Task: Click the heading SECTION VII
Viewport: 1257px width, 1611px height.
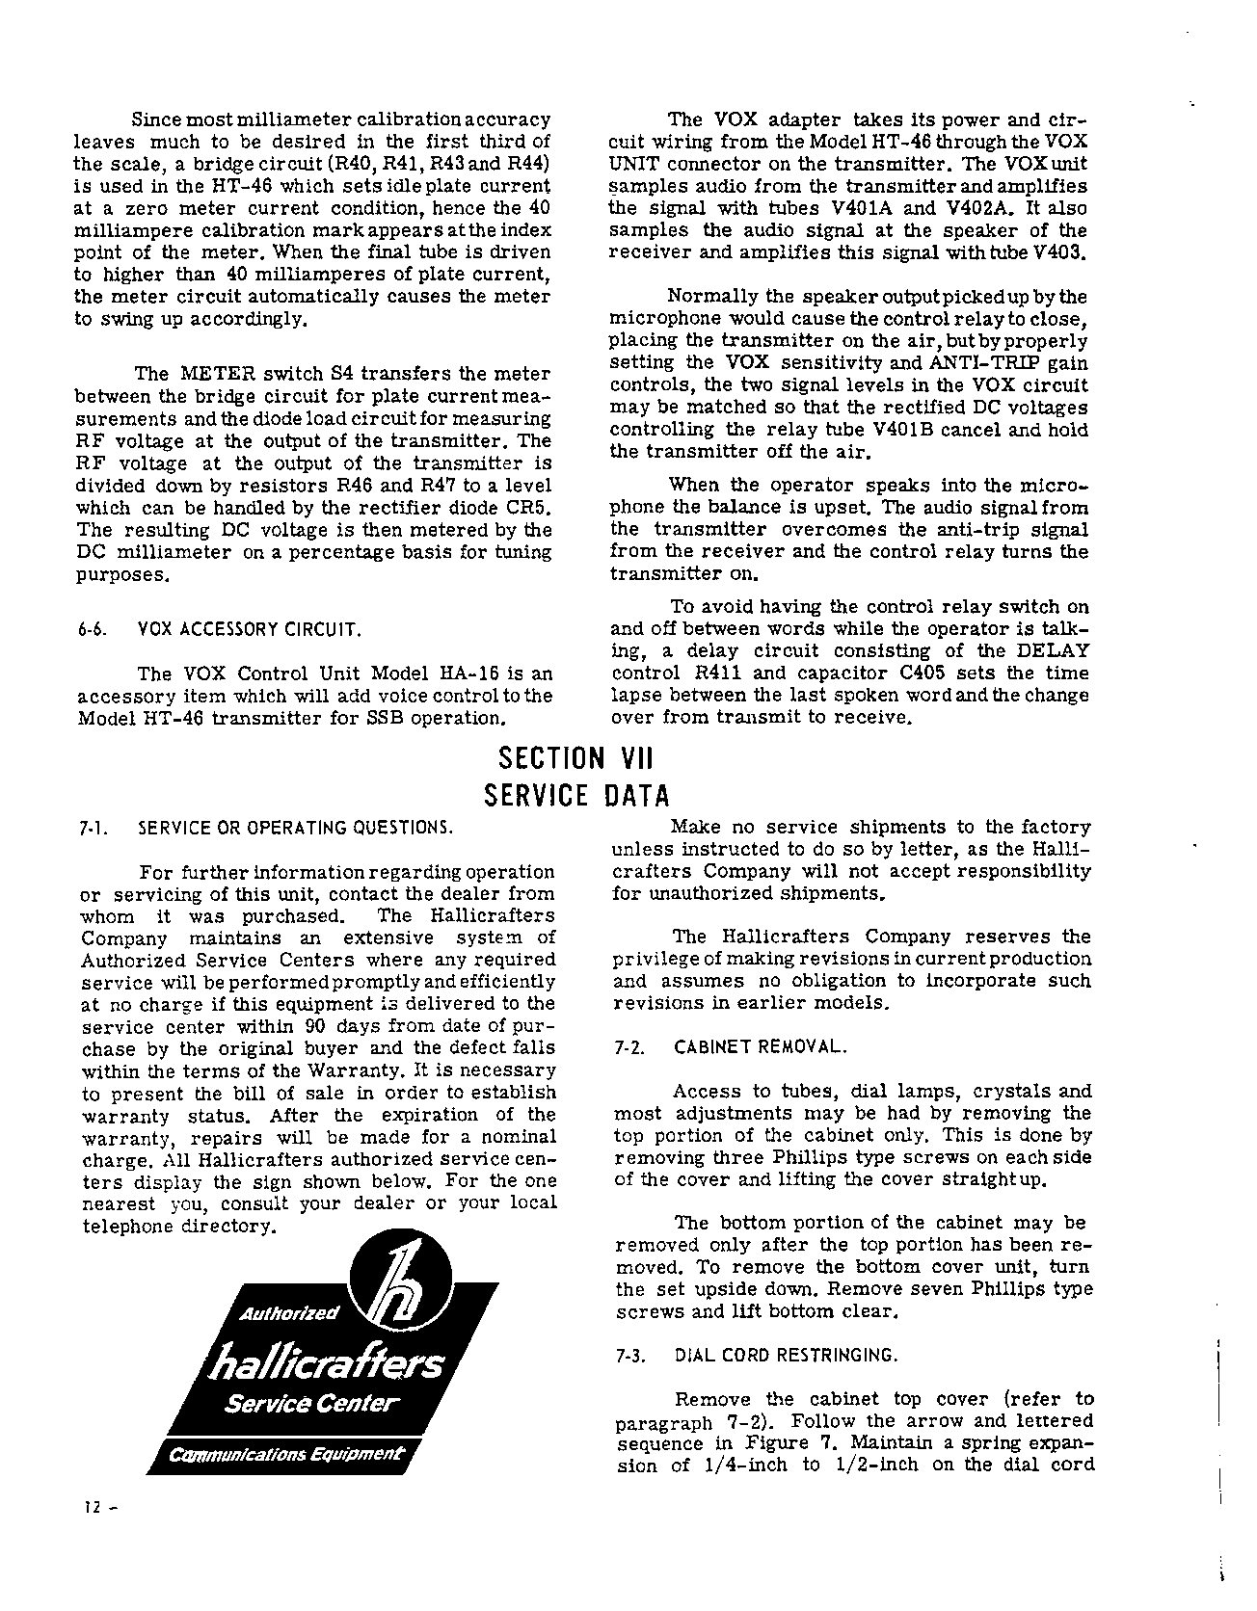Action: click(576, 758)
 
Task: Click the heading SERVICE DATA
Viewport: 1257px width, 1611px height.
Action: click(576, 797)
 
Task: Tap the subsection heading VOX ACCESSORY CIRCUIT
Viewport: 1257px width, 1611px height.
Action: click(250, 631)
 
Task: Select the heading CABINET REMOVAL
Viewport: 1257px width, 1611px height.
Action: click(762, 1048)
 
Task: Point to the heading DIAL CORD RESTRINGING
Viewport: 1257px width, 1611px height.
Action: click(787, 1356)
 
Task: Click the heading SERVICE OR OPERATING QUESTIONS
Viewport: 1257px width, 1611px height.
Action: click(295, 828)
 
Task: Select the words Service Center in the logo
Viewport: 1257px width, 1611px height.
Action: click(311, 1403)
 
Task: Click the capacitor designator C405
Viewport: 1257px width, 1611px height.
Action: click(953, 673)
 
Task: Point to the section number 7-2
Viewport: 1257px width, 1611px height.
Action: click(629, 1048)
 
